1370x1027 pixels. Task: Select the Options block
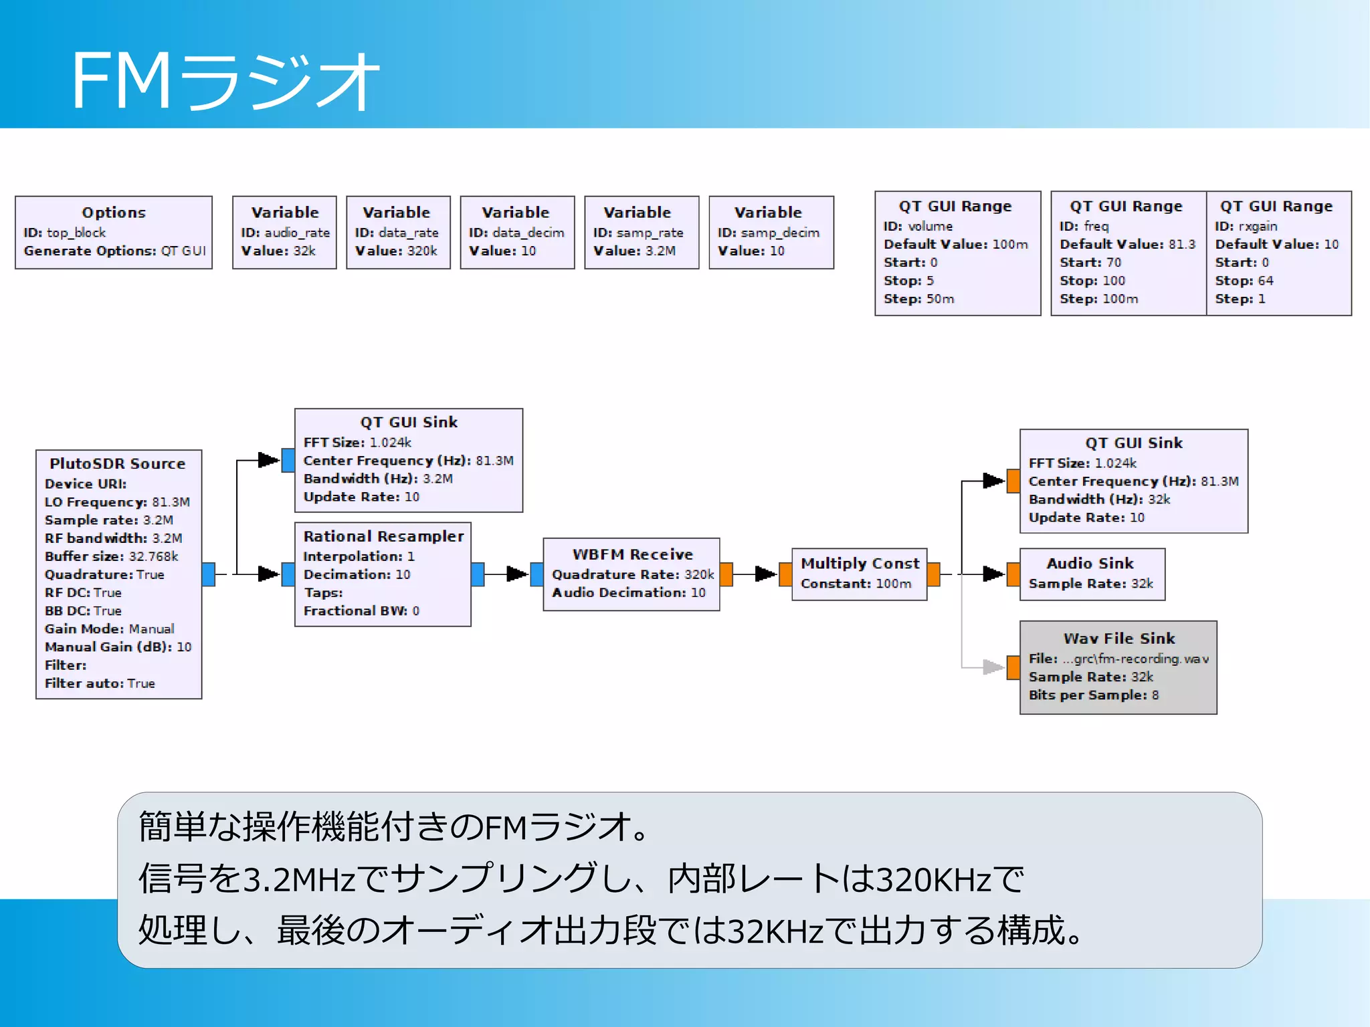[x=114, y=232]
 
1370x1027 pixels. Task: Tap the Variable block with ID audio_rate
[x=284, y=232]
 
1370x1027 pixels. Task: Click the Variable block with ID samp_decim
[x=771, y=232]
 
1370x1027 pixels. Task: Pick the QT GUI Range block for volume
[x=957, y=253]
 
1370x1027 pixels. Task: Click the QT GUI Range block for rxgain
[x=1278, y=253]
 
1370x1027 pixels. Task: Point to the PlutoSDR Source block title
[x=118, y=463]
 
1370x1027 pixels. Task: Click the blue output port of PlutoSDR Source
[x=209, y=574]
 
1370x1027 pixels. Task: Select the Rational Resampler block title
[x=383, y=536]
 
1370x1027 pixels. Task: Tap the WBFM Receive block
[x=631, y=574]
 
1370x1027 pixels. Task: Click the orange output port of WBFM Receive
[x=726, y=574]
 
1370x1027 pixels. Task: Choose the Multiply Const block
[x=859, y=574]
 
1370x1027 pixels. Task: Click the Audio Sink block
[x=1092, y=574]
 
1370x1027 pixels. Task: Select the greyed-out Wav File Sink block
[x=1118, y=667]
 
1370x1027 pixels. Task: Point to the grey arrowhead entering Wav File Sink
[x=993, y=667]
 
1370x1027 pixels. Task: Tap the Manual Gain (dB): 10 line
[x=118, y=647]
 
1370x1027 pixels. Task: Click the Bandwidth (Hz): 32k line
[x=1099, y=499]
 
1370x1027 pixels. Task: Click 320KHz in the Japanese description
[x=933, y=880]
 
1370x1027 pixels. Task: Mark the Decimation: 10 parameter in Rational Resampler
[x=357, y=574]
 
